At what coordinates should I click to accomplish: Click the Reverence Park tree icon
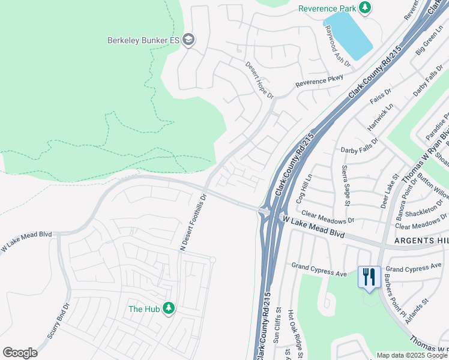coord(365,8)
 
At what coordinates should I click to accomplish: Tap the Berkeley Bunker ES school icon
coord(188,40)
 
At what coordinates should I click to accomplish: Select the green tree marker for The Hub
coord(169,308)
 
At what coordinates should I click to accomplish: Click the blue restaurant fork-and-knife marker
coord(368,277)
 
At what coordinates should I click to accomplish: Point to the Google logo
coord(20,353)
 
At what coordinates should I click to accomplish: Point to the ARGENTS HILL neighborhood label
coord(421,240)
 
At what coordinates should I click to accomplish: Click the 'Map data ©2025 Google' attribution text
coord(412,355)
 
